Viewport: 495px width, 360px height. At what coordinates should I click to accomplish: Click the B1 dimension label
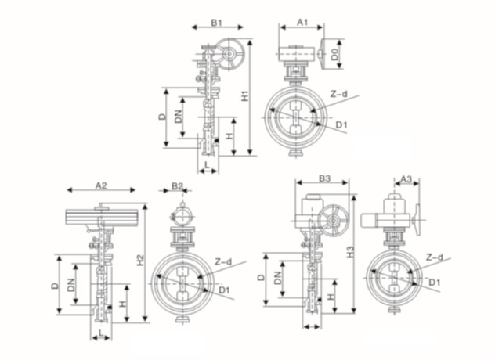[217, 23]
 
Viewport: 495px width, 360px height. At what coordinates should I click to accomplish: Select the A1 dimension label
[302, 22]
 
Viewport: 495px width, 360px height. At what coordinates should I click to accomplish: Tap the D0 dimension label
[334, 54]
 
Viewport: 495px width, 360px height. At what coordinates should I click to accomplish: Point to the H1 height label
[245, 96]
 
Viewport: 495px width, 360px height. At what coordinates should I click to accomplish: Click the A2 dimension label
[101, 185]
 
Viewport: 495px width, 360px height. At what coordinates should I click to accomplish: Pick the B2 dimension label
[178, 185]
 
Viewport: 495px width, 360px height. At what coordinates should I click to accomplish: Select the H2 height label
[140, 260]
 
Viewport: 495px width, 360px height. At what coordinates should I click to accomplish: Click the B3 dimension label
[324, 178]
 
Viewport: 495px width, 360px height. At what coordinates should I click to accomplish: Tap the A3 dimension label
[406, 179]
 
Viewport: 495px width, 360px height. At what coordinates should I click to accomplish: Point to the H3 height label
[350, 252]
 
